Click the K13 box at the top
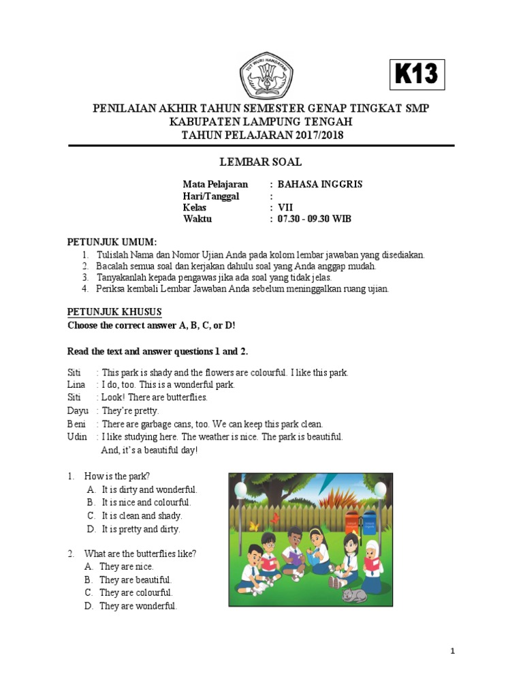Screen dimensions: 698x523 tap(417, 74)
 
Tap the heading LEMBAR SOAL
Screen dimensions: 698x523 tap(261, 162)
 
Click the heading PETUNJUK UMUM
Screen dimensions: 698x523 tap(112, 242)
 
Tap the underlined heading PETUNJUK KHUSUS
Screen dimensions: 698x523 tap(114, 312)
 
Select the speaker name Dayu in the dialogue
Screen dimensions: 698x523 tap(77, 410)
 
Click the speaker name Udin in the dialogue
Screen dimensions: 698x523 tap(77, 436)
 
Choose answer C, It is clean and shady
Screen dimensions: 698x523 tap(142, 516)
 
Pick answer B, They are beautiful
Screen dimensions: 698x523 tap(135, 579)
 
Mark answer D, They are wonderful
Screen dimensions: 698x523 tap(138, 606)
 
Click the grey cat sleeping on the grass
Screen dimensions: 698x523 tap(354, 596)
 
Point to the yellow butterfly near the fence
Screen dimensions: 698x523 tap(255, 526)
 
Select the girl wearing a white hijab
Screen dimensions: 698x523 tap(373, 563)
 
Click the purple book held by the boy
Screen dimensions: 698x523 tap(296, 558)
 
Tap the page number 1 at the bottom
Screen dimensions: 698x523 tap(453, 652)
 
